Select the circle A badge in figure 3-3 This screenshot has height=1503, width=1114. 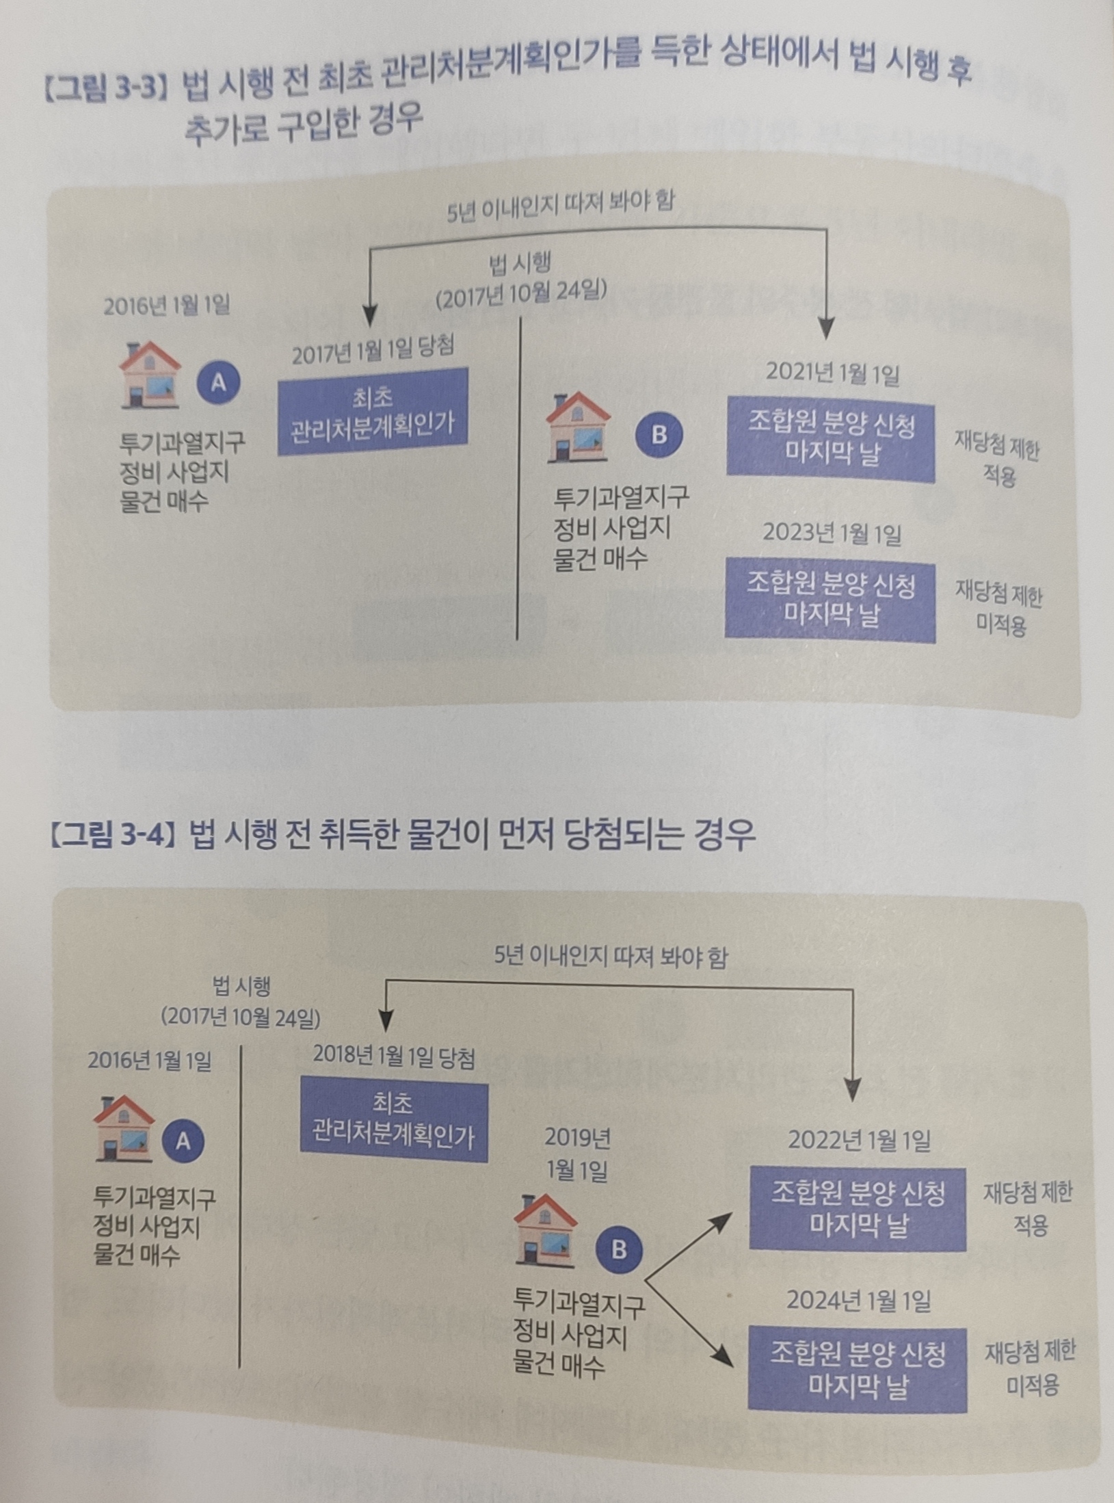[218, 384]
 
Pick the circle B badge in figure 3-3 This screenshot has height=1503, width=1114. [659, 434]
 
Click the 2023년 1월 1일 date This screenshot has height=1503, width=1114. [832, 533]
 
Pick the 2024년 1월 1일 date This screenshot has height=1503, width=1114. [858, 1300]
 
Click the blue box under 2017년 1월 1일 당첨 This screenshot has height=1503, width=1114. [373, 412]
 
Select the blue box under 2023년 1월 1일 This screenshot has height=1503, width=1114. [830, 600]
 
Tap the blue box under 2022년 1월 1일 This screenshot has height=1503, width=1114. [858, 1209]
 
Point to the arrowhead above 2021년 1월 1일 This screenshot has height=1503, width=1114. [827, 330]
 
